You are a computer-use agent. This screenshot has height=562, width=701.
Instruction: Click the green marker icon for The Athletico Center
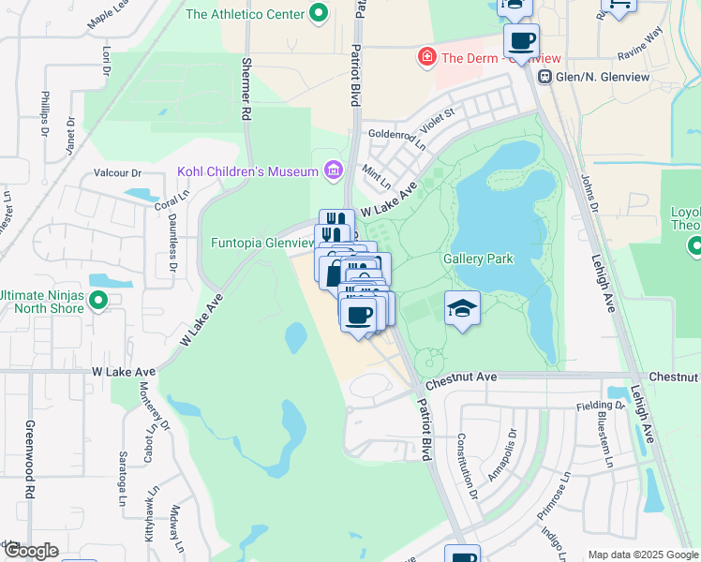[x=319, y=14]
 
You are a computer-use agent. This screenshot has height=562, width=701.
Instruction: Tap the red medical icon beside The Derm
[x=427, y=57]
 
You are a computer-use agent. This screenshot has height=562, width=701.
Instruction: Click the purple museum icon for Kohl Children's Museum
[x=331, y=170]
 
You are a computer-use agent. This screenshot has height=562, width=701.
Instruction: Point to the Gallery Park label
[x=478, y=259]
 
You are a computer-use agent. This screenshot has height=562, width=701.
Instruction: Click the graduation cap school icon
[x=462, y=309]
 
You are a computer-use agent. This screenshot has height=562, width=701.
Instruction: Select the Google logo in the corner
[x=30, y=551]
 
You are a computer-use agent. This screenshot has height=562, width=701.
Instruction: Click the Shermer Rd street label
[x=247, y=89]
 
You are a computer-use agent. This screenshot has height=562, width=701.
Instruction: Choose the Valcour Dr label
[x=117, y=173]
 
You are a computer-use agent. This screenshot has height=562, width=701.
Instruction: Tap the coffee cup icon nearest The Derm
[x=521, y=41]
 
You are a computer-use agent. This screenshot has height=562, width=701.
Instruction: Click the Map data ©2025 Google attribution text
[x=642, y=554]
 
